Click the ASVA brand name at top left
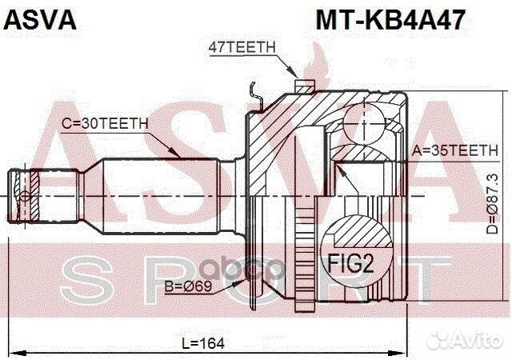pyautogui.click(x=41, y=20)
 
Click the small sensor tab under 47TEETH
pyautogui.click(x=302, y=83)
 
